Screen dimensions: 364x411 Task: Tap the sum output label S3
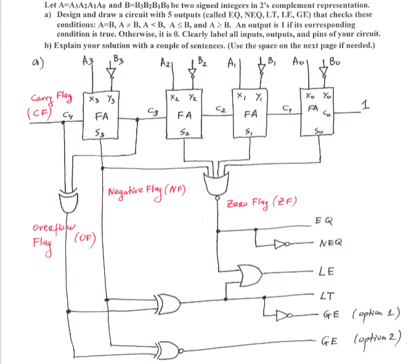(x=98, y=133)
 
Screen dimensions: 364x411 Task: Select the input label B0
(x=335, y=62)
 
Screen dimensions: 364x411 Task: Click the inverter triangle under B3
(x=111, y=73)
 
